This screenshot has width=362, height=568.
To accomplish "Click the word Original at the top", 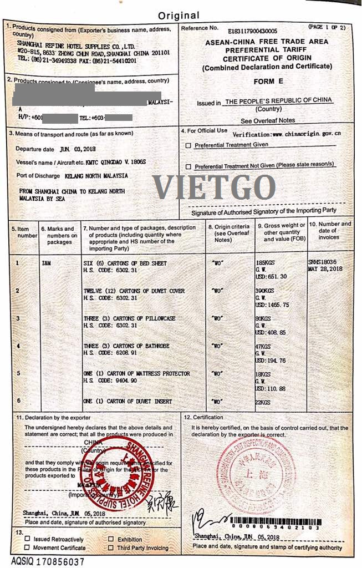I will [x=179, y=15].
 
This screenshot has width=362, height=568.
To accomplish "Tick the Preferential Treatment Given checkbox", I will [x=189, y=145].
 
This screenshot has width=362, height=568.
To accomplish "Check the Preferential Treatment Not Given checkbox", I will [x=189, y=166].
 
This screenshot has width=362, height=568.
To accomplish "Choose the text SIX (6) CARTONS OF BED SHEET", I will [x=125, y=263].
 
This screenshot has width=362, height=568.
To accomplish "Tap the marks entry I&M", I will [x=46, y=263].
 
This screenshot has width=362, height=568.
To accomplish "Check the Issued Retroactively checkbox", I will [x=27, y=539].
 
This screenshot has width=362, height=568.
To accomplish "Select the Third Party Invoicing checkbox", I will [x=111, y=548].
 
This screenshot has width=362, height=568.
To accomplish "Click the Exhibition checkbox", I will [x=111, y=539].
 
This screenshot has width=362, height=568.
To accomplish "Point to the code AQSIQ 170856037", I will [x=48, y=561].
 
